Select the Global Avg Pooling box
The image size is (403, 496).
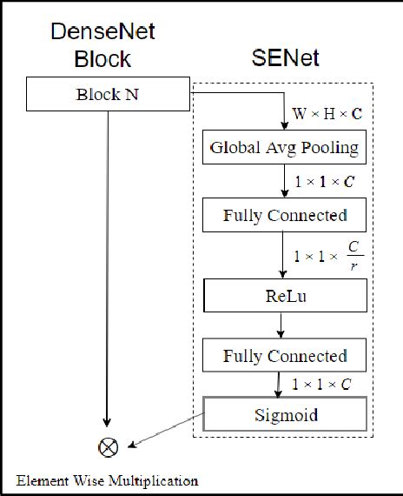coord(284,148)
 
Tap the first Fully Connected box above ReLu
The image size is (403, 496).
coord(284,214)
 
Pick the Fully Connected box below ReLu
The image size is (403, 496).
coord(284,356)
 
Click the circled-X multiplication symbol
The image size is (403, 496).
coord(109,447)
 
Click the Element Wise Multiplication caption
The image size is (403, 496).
coord(107,480)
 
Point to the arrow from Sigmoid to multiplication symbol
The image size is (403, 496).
coord(165,432)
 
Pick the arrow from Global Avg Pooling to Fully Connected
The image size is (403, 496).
coord(284,181)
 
